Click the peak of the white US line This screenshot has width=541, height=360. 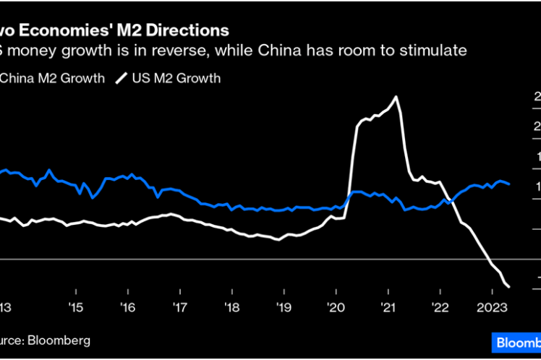[396, 97]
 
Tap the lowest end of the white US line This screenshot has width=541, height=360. [508, 286]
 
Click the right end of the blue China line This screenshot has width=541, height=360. [509, 184]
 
